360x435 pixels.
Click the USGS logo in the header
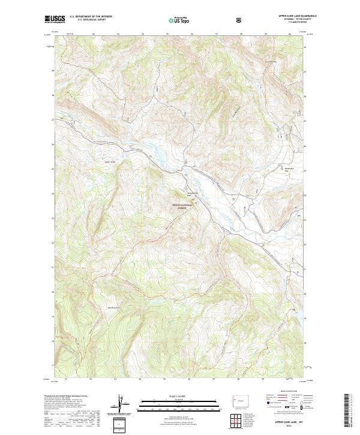(x=55, y=19)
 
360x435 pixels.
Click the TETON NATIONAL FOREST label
(x=184, y=205)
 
